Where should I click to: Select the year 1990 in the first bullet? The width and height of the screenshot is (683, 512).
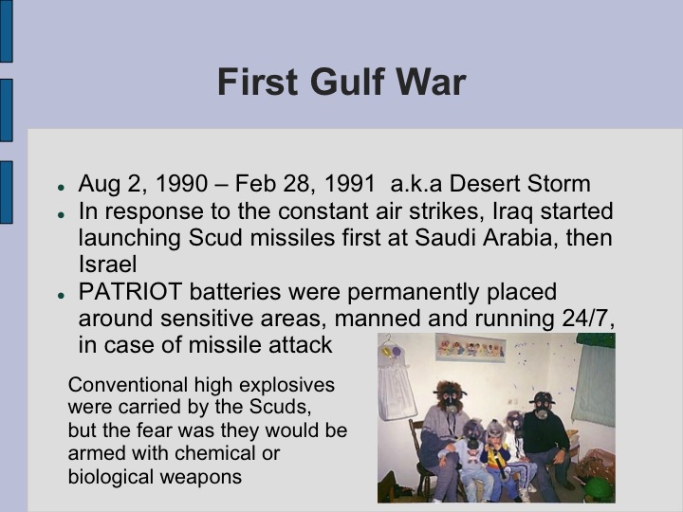coord(180,184)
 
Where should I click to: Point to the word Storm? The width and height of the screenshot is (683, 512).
coord(556,184)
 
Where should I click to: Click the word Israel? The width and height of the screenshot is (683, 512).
coord(109,263)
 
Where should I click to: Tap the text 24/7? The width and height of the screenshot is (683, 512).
coord(588,318)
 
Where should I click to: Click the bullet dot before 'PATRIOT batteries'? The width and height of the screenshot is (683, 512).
coord(62,295)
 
